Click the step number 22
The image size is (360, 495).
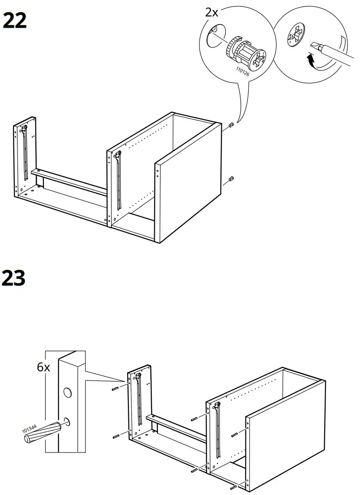[15, 21]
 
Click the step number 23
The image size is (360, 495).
[15, 278]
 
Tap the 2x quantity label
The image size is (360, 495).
[212, 13]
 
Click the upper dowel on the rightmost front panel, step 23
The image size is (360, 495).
[235, 435]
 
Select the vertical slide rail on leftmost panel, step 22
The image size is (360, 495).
[25, 152]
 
